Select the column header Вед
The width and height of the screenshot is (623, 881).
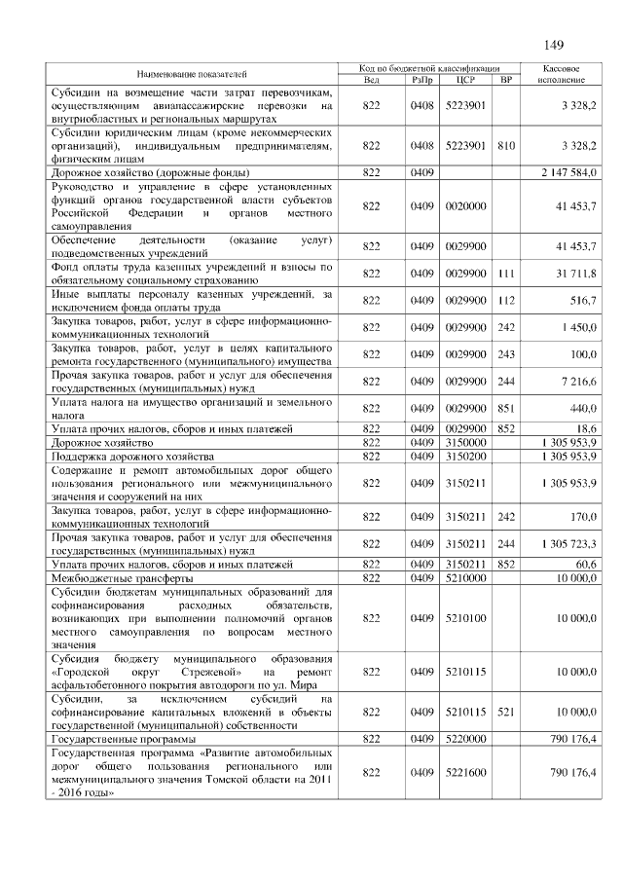(x=371, y=80)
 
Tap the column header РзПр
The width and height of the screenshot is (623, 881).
(x=421, y=80)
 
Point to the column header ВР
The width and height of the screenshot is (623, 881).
(x=505, y=80)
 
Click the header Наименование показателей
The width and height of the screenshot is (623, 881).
(x=192, y=74)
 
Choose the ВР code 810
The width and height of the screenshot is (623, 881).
(x=505, y=145)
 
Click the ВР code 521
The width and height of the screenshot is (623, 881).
(x=505, y=713)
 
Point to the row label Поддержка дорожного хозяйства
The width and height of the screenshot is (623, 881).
(x=131, y=456)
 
